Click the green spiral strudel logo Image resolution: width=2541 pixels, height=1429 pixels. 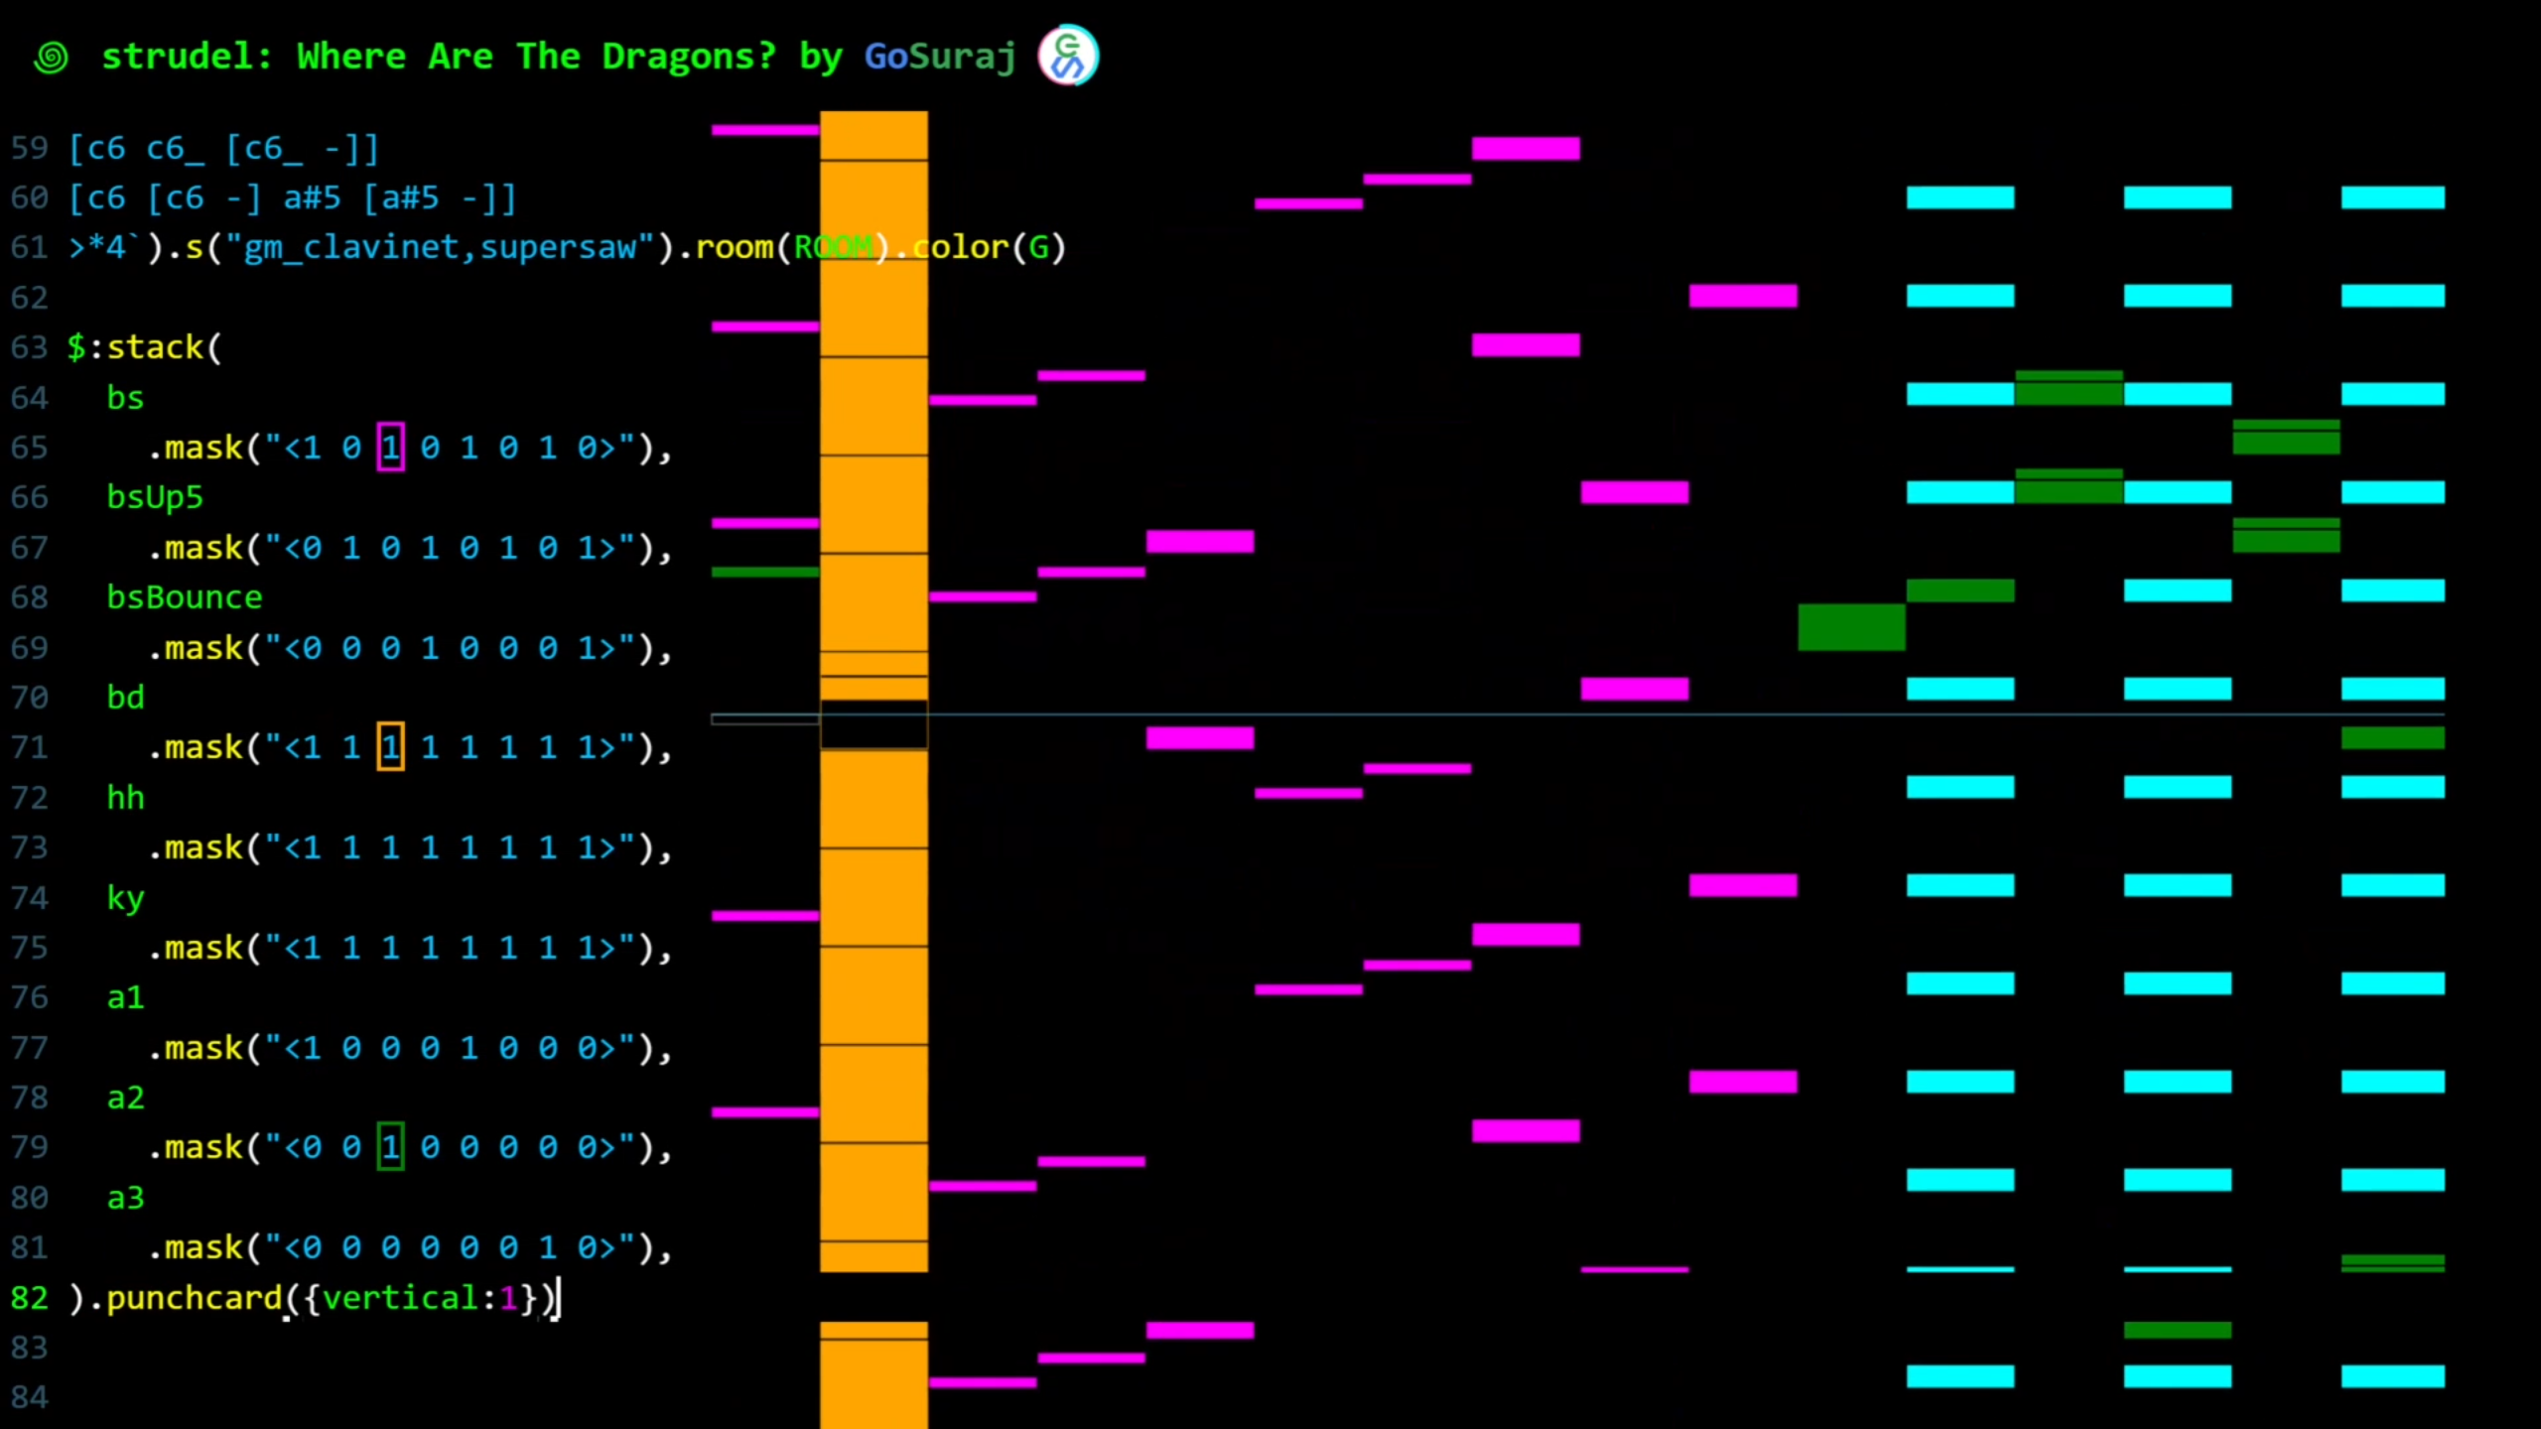[x=51, y=58]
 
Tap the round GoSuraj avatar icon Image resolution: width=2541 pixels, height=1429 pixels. [x=1068, y=56]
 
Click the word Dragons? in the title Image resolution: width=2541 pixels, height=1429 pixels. [x=688, y=57]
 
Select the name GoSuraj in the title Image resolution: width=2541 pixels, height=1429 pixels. [x=939, y=57]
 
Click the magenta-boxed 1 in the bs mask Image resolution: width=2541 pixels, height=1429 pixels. [x=390, y=448]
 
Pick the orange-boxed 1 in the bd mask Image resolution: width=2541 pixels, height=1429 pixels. [x=390, y=747]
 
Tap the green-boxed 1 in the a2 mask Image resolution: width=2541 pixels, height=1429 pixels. [x=390, y=1147]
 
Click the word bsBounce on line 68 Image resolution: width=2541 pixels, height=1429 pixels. [x=185, y=597]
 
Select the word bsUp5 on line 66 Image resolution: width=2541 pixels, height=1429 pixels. [x=155, y=497]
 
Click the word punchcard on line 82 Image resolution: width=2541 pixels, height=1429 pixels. [x=195, y=1298]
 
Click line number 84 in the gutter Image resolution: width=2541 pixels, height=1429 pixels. [x=29, y=1397]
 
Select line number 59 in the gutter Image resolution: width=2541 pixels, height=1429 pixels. [x=29, y=148]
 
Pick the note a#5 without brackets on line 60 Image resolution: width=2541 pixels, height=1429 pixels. [x=312, y=197]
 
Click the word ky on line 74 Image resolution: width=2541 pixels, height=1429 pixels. [x=125, y=897]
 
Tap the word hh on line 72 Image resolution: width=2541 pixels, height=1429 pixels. [x=125, y=797]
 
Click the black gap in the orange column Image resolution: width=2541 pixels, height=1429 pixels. [x=873, y=723]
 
